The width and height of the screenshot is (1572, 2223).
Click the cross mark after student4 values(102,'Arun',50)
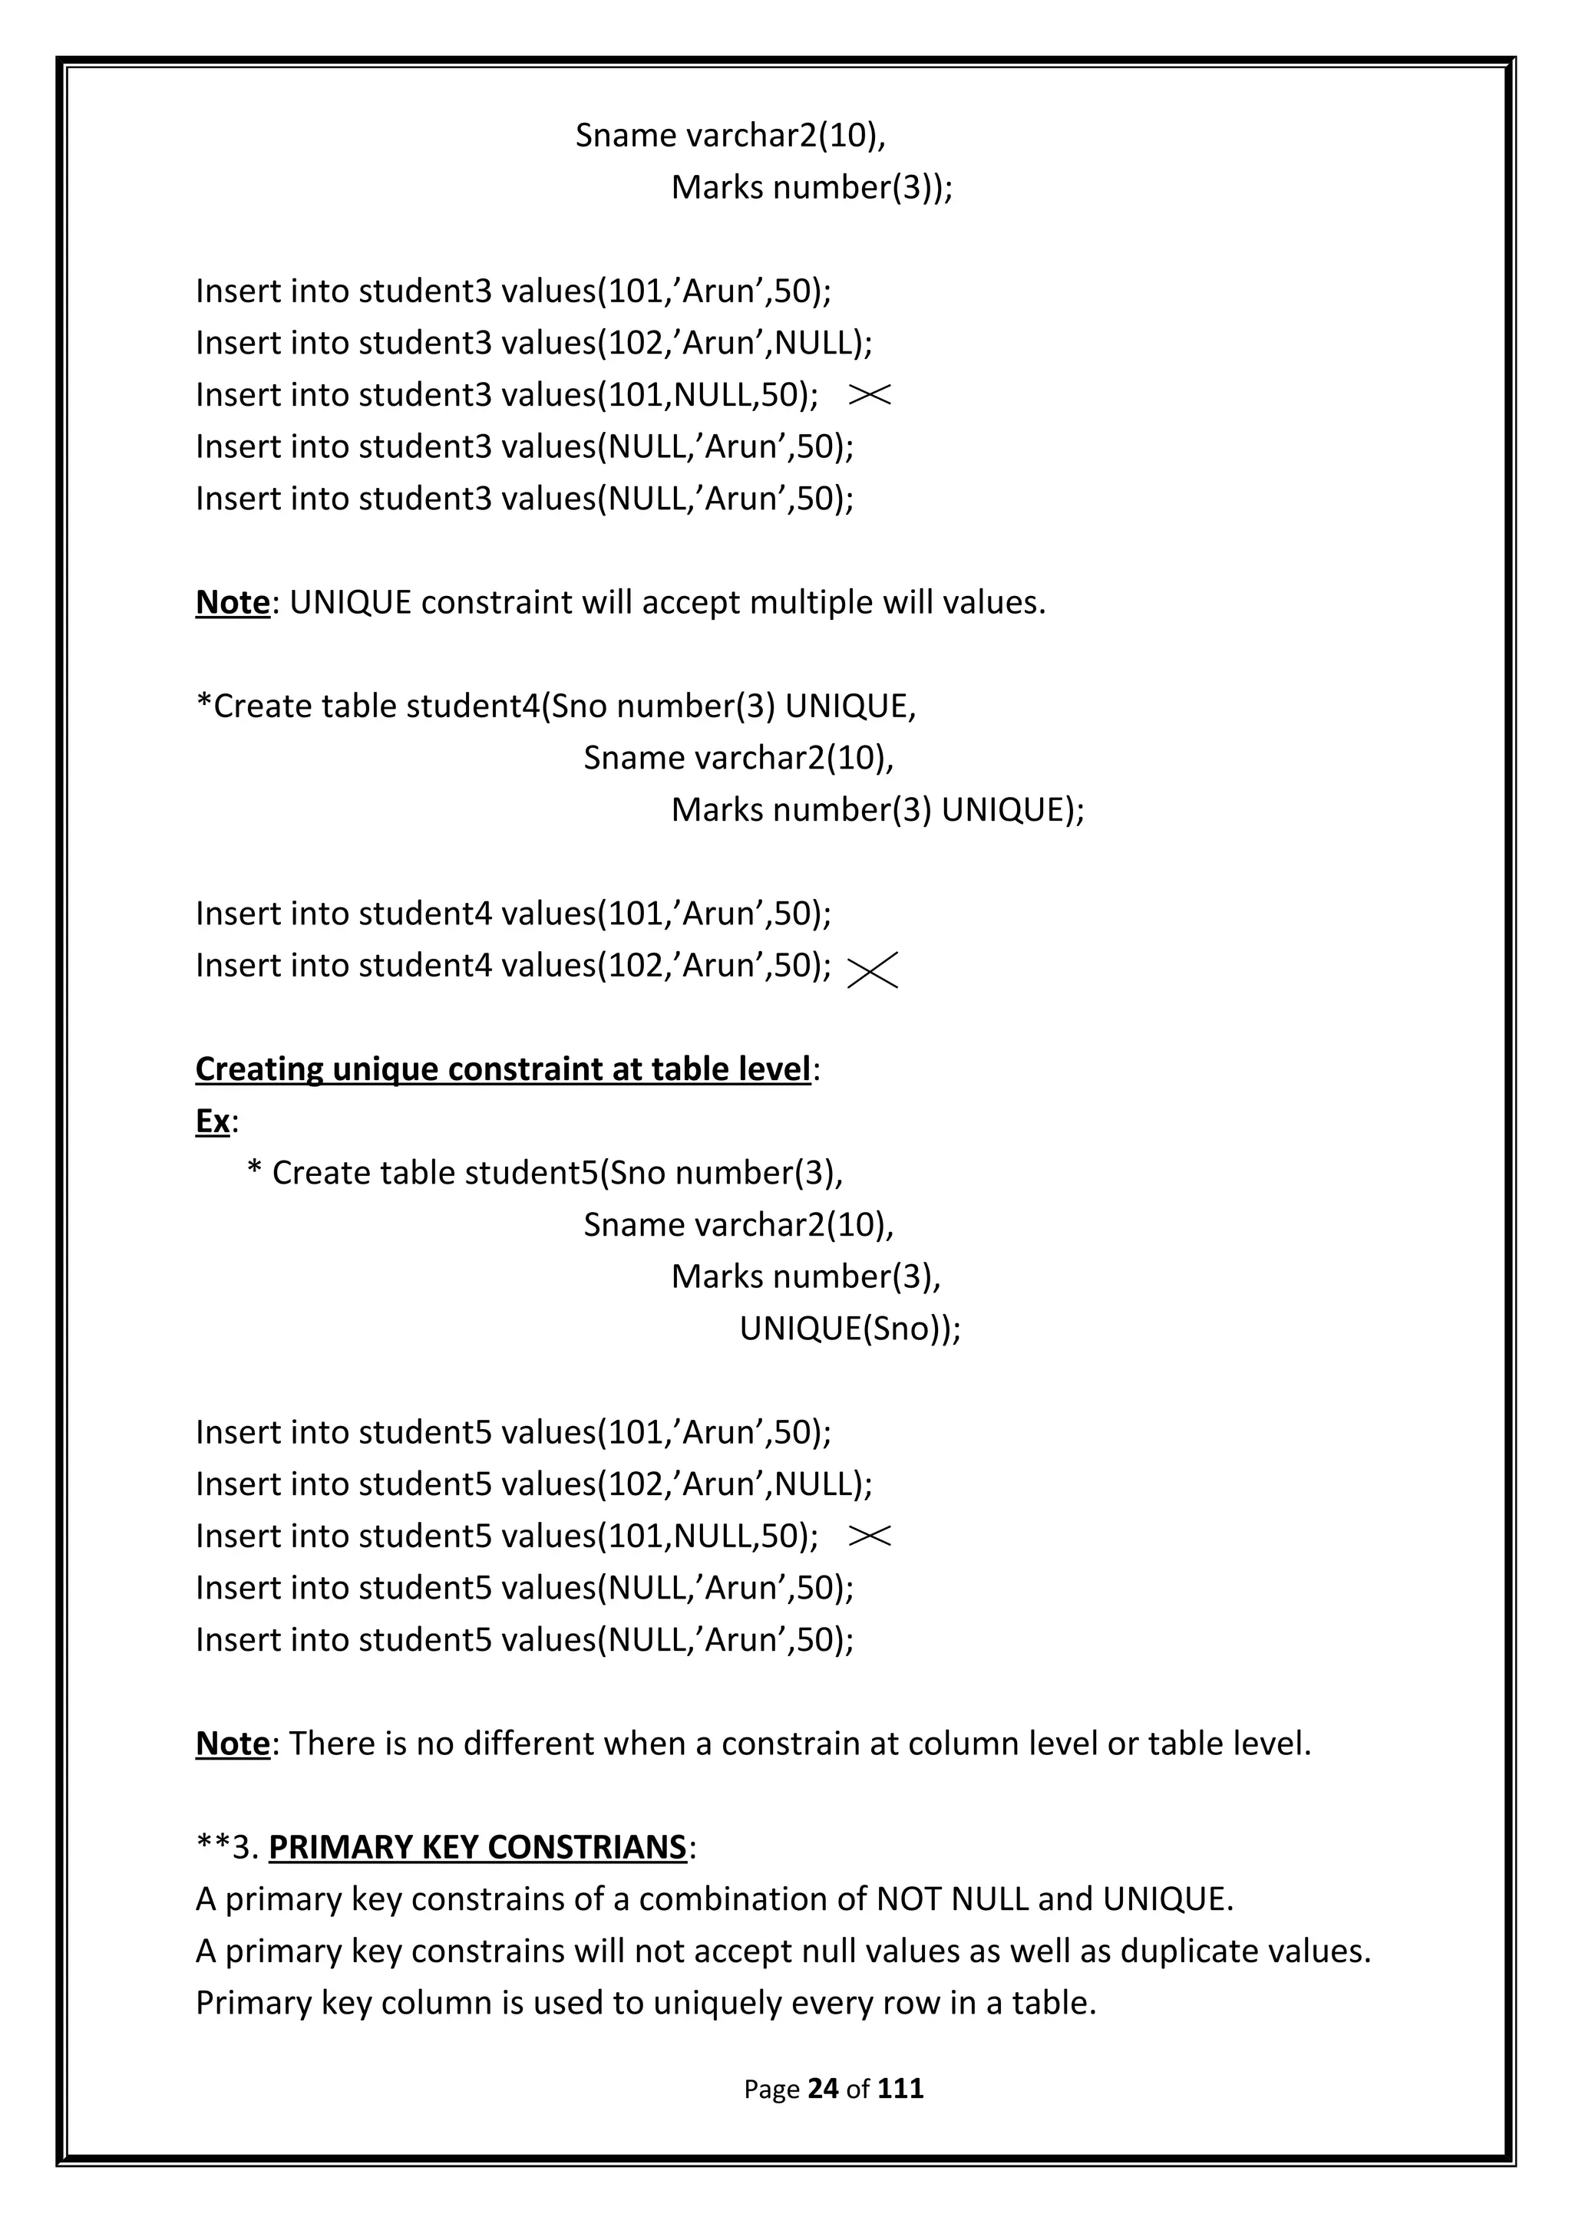(x=872, y=969)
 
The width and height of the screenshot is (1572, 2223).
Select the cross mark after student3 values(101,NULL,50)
(x=869, y=394)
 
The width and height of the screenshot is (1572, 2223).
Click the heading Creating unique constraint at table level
(x=503, y=1069)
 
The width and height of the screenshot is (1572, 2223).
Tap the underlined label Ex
(x=212, y=1121)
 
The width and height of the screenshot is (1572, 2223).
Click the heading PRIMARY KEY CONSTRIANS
(x=477, y=1846)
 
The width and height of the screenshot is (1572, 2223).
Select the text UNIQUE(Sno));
(x=850, y=1329)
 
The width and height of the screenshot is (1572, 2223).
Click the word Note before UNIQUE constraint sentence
(x=233, y=602)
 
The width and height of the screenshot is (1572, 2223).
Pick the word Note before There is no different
(x=233, y=1743)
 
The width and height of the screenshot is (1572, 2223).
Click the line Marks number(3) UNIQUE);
(x=877, y=809)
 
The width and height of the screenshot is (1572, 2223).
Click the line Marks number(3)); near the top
(x=811, y=187)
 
